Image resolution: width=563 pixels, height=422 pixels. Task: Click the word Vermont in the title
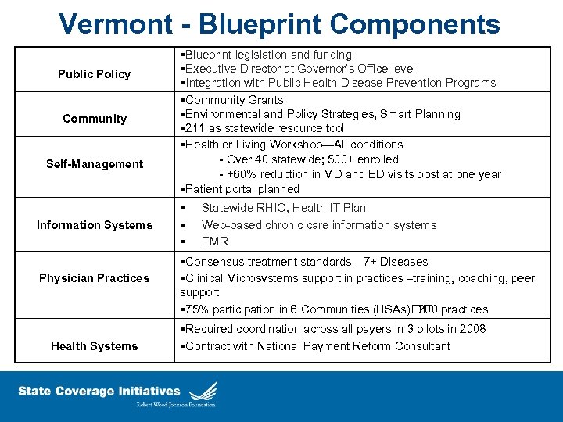point(114,23)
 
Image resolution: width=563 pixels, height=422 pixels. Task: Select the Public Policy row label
point(94,74)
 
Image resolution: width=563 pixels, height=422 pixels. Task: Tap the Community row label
point(94,119)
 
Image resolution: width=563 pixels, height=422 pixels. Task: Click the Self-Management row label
point(94,164)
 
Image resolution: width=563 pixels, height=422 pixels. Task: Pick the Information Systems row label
point(94,225)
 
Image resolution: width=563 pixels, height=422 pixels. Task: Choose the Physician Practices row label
point(94,278)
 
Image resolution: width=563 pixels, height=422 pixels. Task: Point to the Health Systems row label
point(94,346)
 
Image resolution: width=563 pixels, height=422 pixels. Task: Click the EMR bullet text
point(214,241)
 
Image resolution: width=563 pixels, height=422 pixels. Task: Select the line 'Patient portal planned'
point(241,189)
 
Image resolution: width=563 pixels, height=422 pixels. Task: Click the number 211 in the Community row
point(194,128)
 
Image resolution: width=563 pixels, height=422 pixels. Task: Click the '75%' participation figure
point(197,309)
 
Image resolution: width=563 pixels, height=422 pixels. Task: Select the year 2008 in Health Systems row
point(472,329)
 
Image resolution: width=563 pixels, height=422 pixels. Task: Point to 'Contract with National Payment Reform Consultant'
point(317,346)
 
